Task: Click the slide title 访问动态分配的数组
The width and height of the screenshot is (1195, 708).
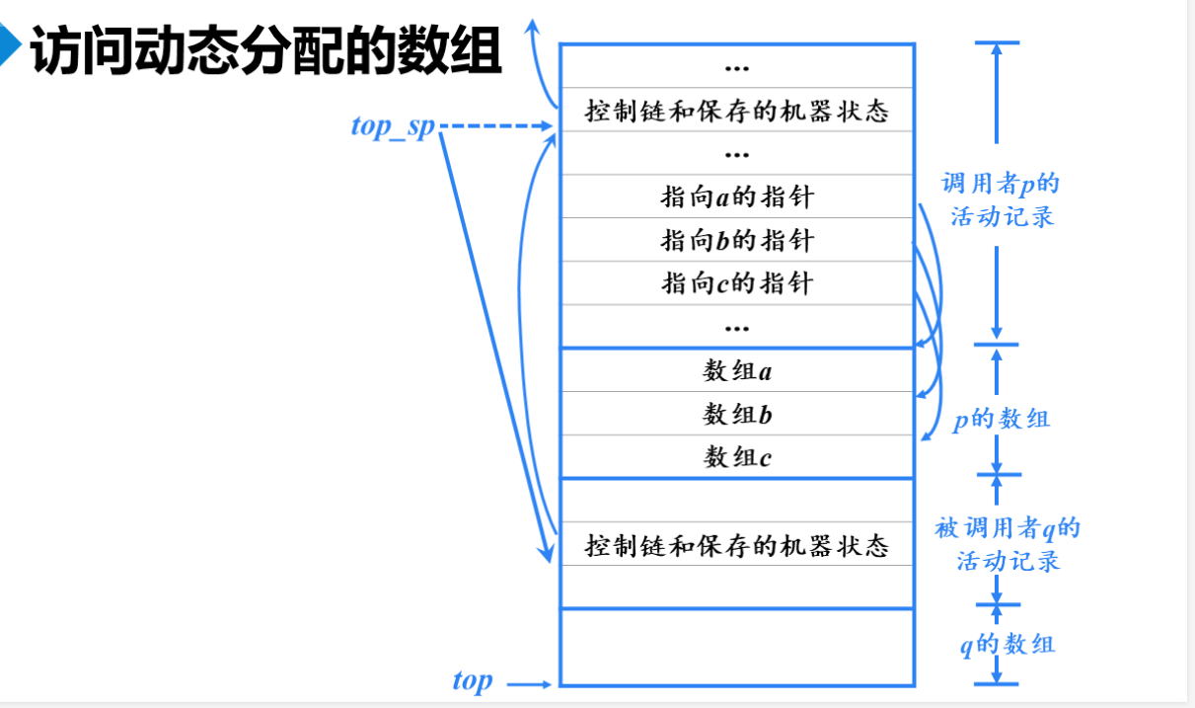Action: tap(266, 52)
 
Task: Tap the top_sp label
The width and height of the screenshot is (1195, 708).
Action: tap(392, 126)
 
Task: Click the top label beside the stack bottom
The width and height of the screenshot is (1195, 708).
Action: tap(472, 680)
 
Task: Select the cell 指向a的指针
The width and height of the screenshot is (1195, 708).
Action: tap(736, 197)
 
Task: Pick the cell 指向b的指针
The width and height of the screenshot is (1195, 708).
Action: tap(736, 240)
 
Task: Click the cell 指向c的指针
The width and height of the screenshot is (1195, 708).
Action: tap(736, 283)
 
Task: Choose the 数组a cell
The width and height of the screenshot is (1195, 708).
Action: tap(736, 371)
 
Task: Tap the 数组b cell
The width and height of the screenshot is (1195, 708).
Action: tap(736, 415)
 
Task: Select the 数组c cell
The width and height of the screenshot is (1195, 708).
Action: tap(736, 457)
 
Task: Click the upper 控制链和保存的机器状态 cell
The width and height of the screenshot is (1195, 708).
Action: tap(736, 111)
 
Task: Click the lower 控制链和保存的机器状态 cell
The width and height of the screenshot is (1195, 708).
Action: tap(736, 545)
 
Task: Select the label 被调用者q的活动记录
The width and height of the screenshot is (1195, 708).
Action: tap(1008, 544)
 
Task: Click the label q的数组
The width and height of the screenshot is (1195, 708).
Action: tap(1007, 645)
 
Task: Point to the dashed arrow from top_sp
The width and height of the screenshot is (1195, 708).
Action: tap(493, 126)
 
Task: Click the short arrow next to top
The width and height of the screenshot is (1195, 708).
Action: tap(531, 682)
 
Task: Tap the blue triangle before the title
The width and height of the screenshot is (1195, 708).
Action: tap(11, 49)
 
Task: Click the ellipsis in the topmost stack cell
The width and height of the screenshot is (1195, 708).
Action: tap(736, 68)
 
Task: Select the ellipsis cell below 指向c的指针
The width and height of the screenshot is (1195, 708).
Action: tap(736, 326)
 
